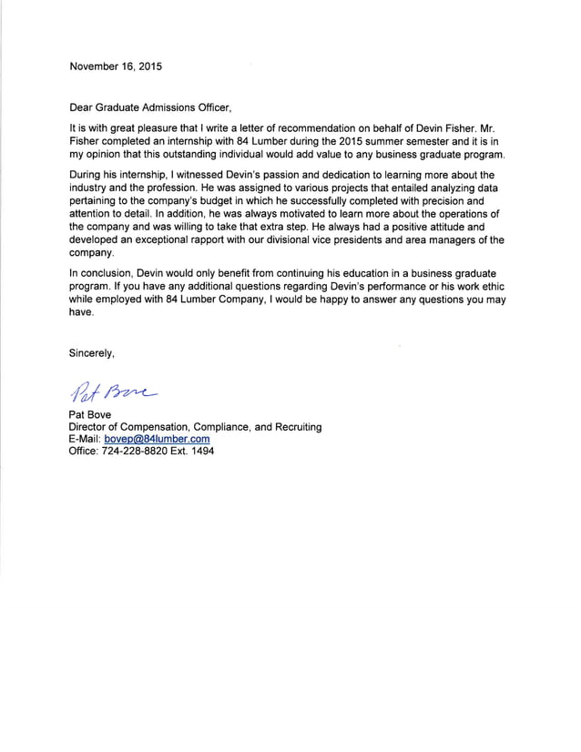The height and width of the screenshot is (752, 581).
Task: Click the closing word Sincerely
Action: point(93,352)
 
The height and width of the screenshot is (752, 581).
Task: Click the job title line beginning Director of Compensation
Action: point(195,426)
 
